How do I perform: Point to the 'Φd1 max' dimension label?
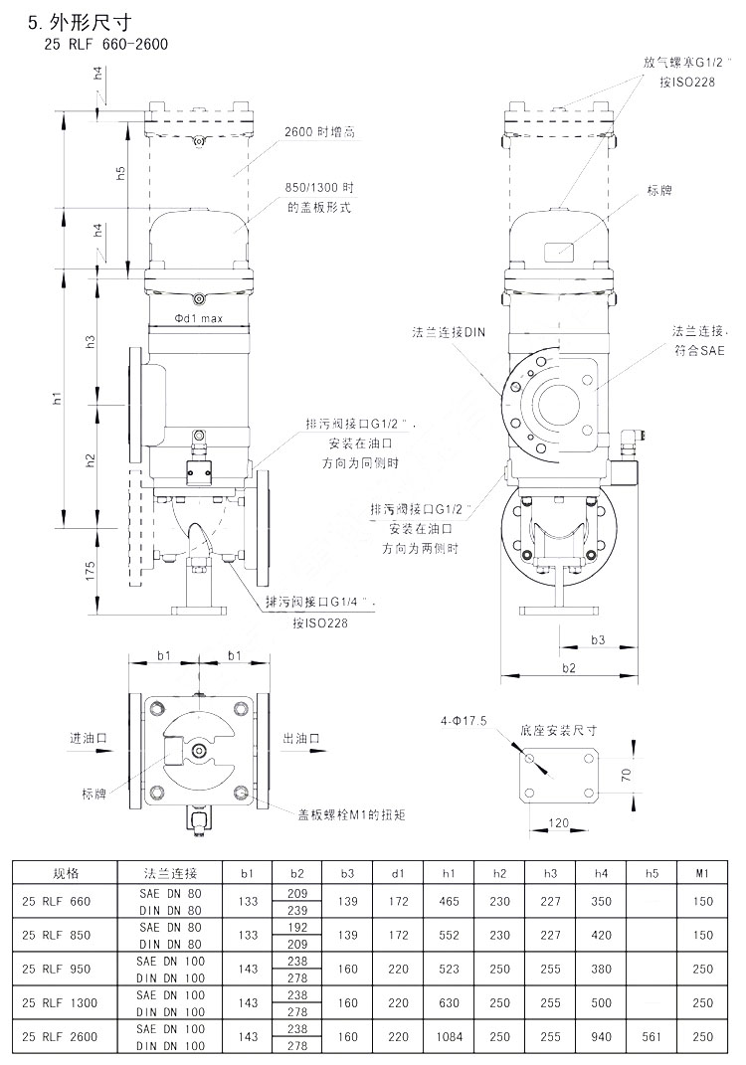(x=197, y=319)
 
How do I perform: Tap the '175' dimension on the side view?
(x=91, y=570)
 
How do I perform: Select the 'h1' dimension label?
(x=58, y=398)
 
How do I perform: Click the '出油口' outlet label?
(x=300, y=739)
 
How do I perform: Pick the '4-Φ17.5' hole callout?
(x=464, y=719)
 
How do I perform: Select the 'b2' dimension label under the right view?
(x=568, y=668)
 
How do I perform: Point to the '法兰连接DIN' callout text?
(x=449, y=333)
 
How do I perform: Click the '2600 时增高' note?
(x=314, y=131)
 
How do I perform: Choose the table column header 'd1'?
(x=398, y=873)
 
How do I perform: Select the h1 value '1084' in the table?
(x=449, y=1036)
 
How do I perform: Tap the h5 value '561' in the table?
(x=652, y=1036)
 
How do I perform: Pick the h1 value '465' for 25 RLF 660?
(x=449, y=901)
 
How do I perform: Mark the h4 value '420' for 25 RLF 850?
(x=601, y=935)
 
